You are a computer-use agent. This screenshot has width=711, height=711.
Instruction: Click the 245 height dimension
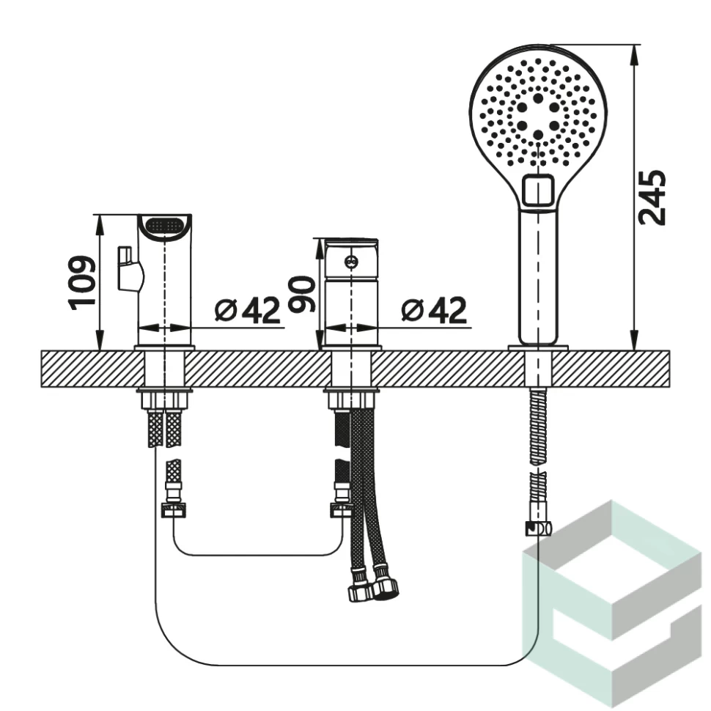coord(652,197)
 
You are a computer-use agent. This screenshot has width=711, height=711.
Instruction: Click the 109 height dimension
coord(83,284)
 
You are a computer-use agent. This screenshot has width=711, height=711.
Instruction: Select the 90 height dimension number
coord(302,295)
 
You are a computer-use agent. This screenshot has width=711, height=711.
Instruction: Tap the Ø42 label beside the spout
coord(247,311)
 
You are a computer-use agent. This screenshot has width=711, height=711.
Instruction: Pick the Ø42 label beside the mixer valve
coord(434,311)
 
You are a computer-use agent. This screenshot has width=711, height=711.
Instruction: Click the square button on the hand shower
coord(539,190)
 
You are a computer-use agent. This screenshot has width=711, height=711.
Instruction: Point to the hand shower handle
coord(538,276)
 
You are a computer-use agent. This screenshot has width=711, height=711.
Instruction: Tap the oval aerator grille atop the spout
coord(164,225)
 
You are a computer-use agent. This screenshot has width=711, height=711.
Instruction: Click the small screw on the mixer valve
coord(351,262)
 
